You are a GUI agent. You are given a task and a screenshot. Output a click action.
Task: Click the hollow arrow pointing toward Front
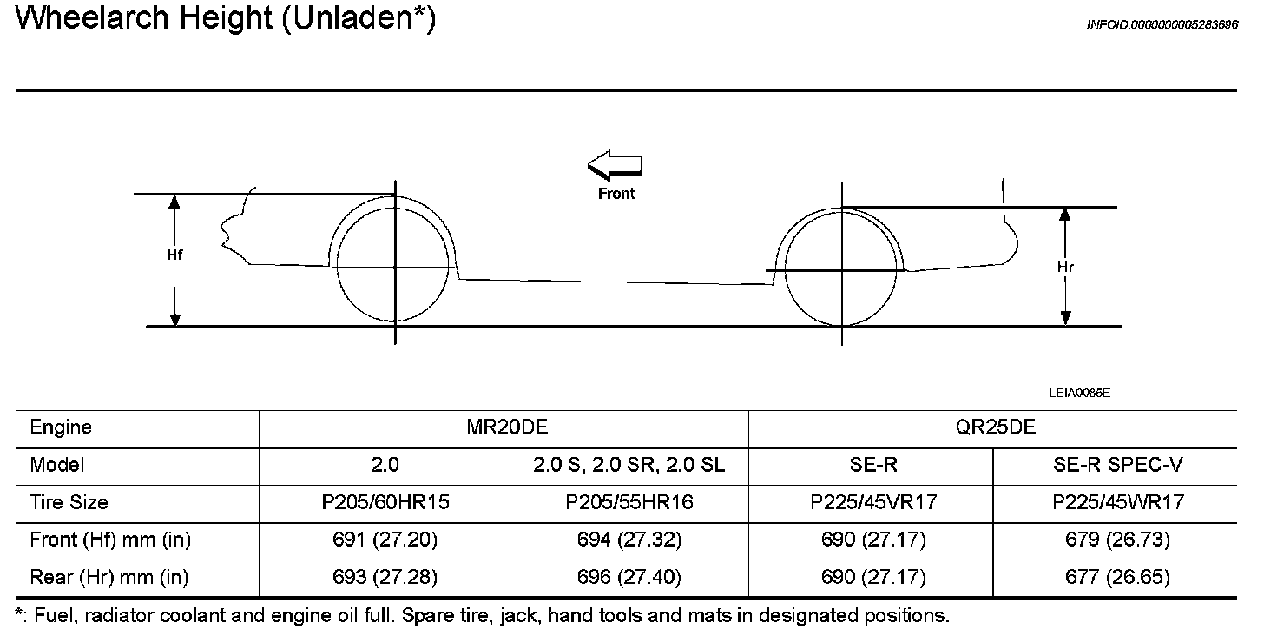point(614,165)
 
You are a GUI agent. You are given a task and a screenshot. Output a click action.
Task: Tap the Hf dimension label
point(174,255)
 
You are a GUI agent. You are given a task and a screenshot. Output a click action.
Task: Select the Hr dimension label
point(1065,267)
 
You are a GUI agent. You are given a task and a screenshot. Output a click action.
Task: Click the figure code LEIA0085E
point(1079,393)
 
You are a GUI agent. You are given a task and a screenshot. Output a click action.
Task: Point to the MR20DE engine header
point(507,427)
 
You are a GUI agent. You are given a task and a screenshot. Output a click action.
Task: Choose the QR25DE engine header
point(996,427)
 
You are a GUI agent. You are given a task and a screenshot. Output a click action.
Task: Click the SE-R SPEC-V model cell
point(1117,465)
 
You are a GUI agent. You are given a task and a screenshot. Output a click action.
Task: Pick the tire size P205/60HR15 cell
point(385,502)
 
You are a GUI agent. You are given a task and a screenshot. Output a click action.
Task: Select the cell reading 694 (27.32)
point(629,540)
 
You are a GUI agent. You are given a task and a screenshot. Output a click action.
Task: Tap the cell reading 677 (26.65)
point(1117,577)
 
